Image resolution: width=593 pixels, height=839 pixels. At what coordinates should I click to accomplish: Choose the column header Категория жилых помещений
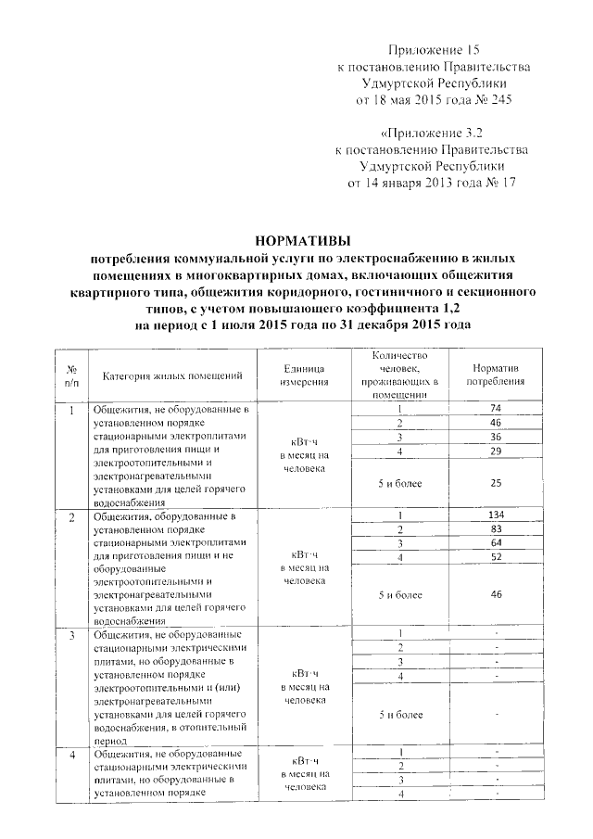pyautogui.click(x=173, y=375)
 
